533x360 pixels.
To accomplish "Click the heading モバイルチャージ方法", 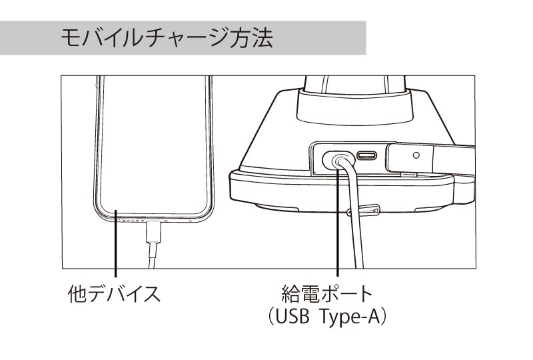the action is pos(167,38).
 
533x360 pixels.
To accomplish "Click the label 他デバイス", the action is pos(114,294).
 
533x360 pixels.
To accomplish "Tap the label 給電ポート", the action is pos(327,294).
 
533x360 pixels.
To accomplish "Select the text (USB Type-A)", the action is pos(327,317).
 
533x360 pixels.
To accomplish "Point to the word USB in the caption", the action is pos(292,317).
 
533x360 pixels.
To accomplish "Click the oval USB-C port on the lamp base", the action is pos(367,156).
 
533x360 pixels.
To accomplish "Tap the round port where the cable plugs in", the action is pos(338,160).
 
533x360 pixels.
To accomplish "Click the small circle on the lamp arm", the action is pos(416,155).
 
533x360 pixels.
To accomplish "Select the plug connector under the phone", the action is pos(153,232).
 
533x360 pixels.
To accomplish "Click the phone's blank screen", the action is pos(154,146).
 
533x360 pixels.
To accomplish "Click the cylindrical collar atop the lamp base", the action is pos(355,106).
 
